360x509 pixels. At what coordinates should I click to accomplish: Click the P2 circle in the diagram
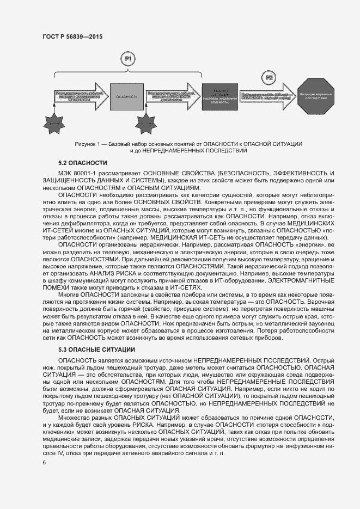(269, 78)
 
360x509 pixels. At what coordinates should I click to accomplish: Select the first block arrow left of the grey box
(80, 96)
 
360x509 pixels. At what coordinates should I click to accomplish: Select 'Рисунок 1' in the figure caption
(88, 143)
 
